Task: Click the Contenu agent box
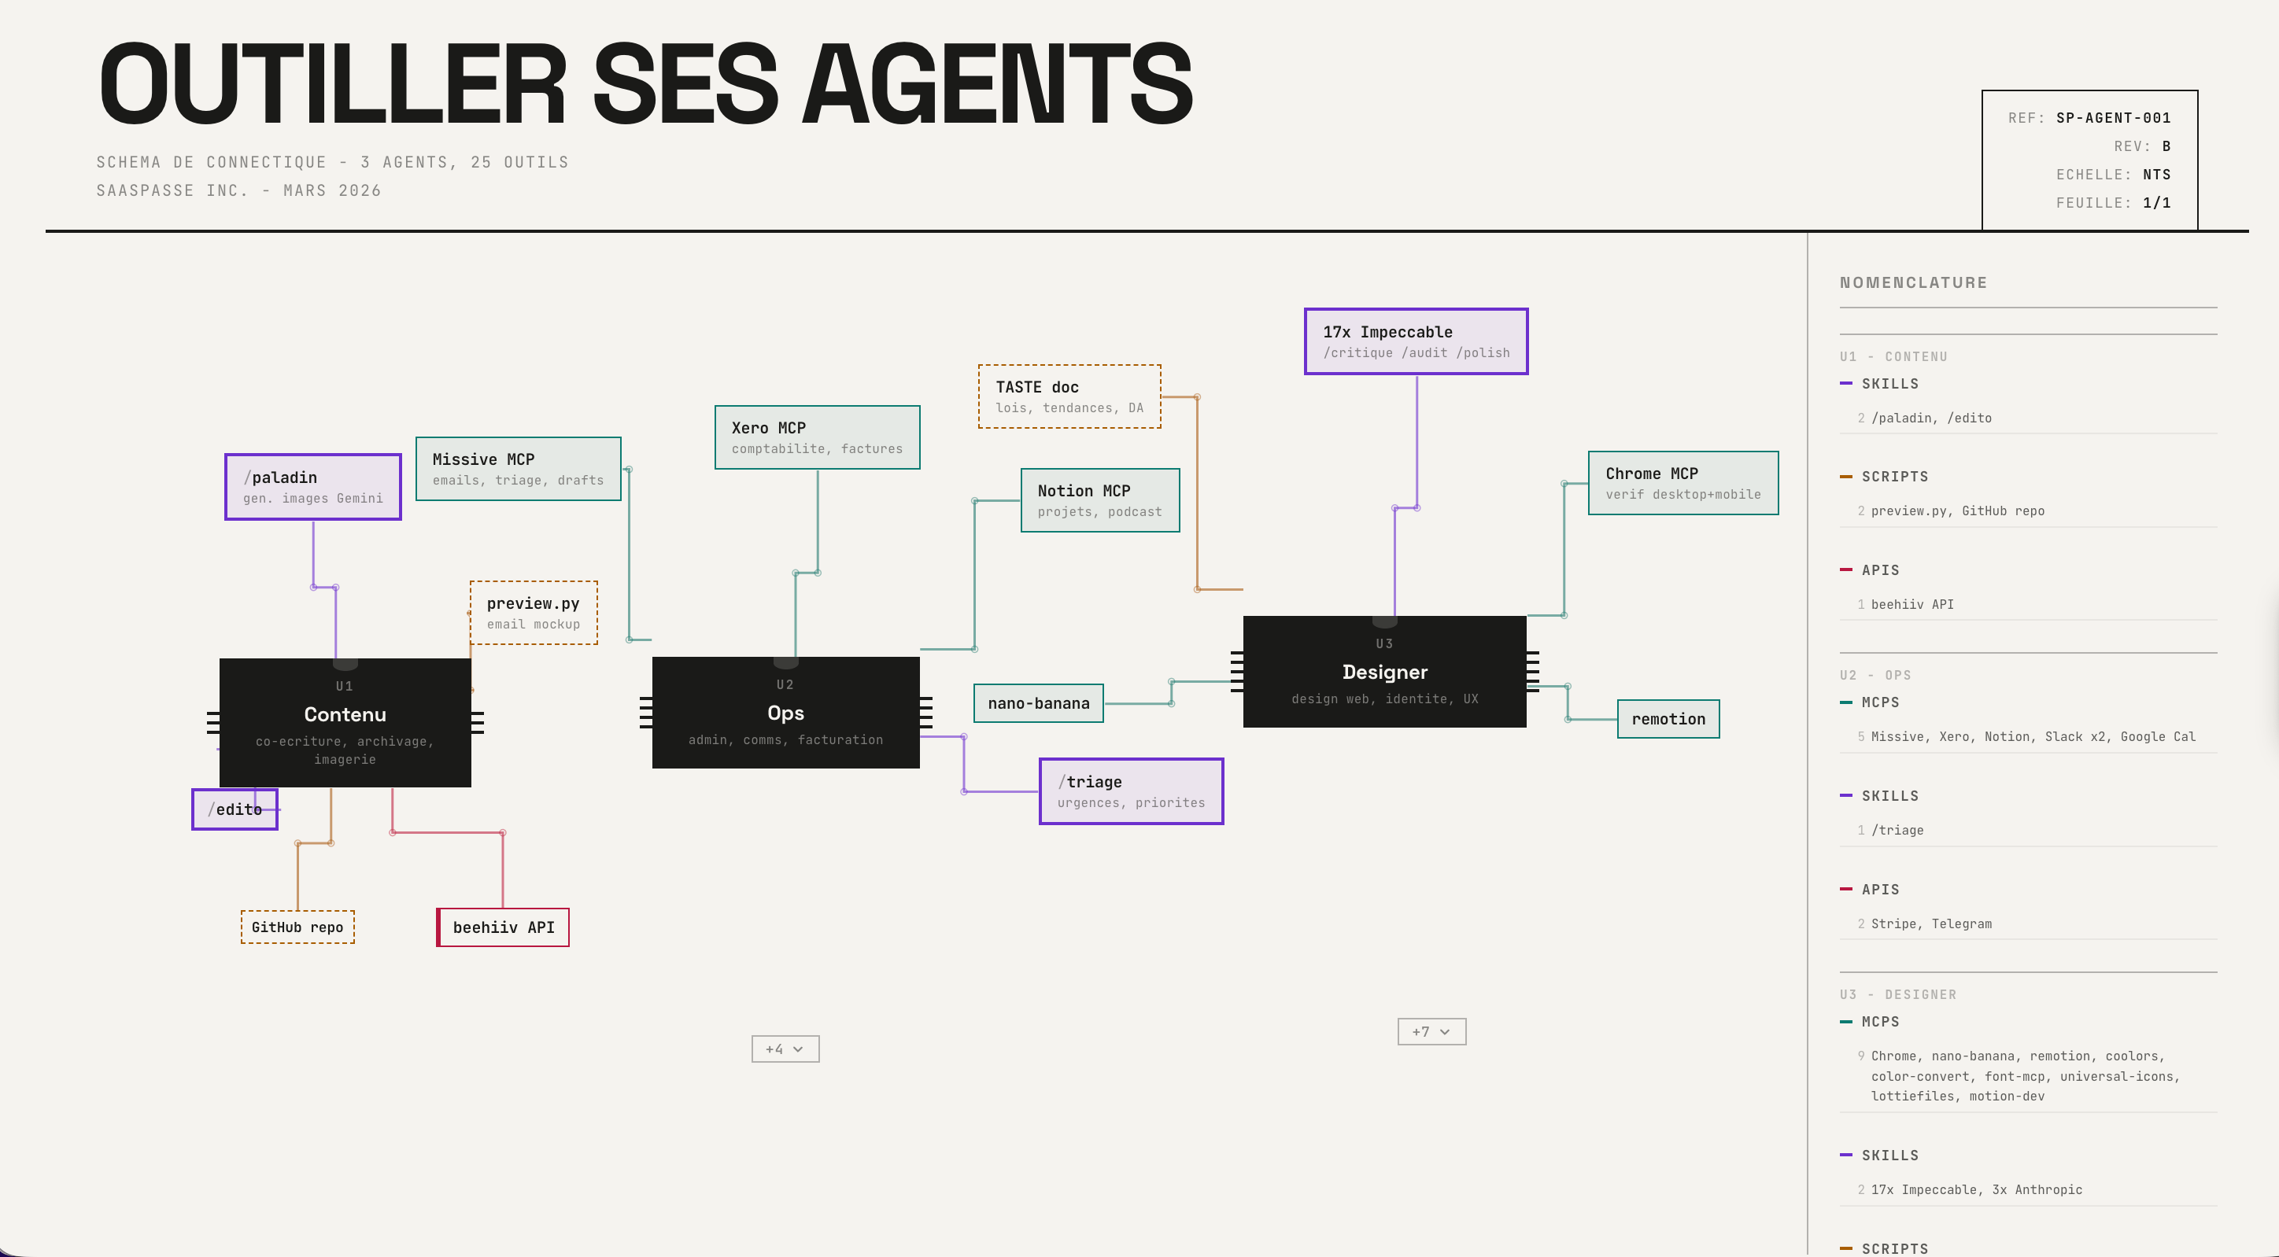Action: coord(345,722)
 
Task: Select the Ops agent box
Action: coord(785,712)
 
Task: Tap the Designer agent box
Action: coord(1384,672)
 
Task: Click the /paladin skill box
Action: coord(313,487)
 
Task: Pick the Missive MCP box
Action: coord(519,469)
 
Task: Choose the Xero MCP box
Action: coord(818,437)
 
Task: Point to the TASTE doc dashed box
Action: coord(1069,396)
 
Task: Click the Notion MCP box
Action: coord(1099,499)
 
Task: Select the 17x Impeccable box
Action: coord(1417,341)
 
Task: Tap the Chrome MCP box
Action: coord(1682,483)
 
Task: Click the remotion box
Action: coord(1668,719)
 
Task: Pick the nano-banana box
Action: coord(1039,703)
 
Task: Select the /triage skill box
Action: coord(1131,791)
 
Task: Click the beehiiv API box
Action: coord(504,927)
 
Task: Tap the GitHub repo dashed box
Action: coord(297,927)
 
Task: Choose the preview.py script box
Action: coord(534,612)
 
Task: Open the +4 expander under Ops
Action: coord(785,1049)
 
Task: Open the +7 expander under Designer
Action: coord(1431,1031)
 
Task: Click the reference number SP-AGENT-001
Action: coord(2113,118)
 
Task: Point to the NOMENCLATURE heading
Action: coord(1914,282)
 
